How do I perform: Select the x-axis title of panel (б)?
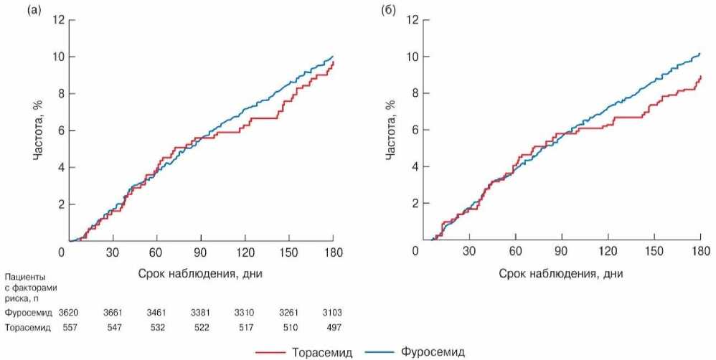561,273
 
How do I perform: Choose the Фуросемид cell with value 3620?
69,313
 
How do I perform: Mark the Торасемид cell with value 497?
333,327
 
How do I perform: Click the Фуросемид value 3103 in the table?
333,313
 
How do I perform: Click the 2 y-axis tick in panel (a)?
60,204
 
